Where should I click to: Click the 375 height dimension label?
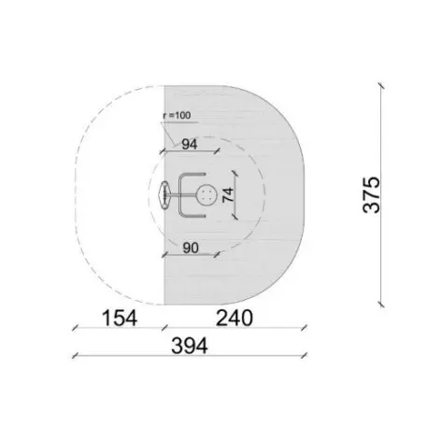coord(372,195)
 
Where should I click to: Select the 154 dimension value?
coord(120,318)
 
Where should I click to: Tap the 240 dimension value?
coord(235,318)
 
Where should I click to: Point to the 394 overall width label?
coord(190,346)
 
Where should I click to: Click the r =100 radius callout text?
coord(177,115)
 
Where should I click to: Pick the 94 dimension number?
coord(190,144)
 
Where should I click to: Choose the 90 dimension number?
coord(191,249)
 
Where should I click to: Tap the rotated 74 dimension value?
coord(228,194)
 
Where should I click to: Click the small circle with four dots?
coord(206,195)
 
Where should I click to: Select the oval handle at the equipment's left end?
coord(164,195)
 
